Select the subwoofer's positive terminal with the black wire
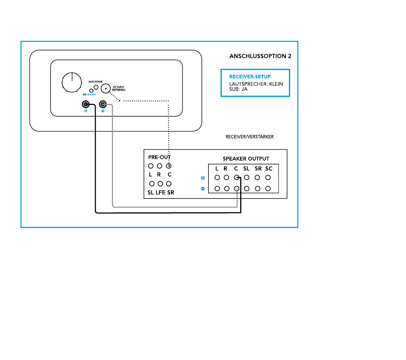tap(86, 105)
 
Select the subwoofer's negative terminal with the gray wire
tap(103, 105)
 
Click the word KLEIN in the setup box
tap(276, 84)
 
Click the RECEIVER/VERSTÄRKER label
tap(250, 137)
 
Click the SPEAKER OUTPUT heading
tap(246, 158)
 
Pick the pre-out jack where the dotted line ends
tap(169, 166)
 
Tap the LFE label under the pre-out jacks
tap(160, 193)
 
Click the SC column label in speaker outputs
tap(268, 169)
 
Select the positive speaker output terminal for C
tap(237, 178)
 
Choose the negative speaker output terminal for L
tap(217, 188)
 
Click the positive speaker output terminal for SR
tap(258, 178)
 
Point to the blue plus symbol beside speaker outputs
tap(203, 178)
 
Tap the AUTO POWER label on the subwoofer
tap(95, 81)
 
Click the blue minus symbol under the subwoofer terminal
tap(103, 111)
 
